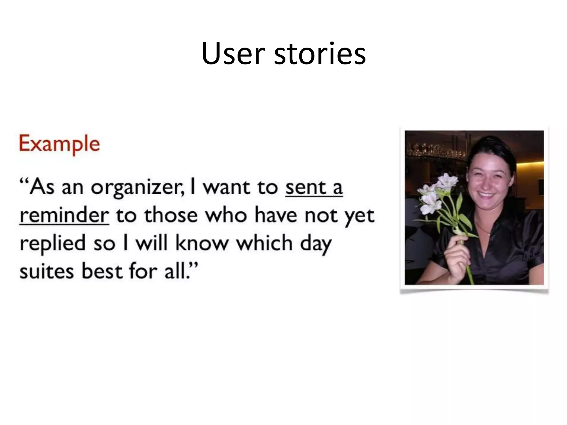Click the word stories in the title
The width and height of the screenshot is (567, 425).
320,54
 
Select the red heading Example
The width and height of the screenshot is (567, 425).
59,144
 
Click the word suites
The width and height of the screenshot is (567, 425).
47,271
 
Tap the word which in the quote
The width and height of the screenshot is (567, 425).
264,243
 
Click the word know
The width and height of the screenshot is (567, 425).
202,243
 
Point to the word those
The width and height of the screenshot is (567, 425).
171,215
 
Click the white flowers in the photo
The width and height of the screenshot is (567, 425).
435,194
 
